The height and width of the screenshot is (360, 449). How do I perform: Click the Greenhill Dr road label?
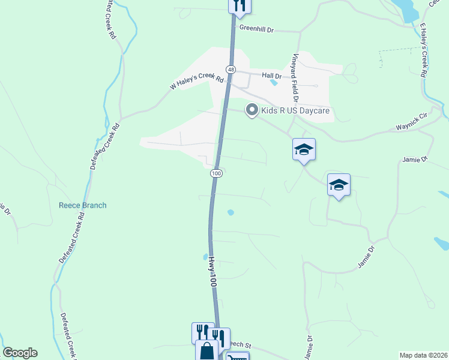click(256, 28)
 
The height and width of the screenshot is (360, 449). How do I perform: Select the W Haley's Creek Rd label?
click(197, 79)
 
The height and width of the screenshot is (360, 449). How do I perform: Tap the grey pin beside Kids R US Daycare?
click(252, 110)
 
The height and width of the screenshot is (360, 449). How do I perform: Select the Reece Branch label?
click(82, 205)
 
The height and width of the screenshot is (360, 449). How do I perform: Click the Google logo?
click(20, 352)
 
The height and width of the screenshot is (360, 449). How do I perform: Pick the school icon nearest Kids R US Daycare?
click(304, 150)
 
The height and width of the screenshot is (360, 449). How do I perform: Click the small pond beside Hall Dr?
click(274, 82)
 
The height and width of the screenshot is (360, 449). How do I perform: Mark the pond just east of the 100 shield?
click(231, 212)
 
